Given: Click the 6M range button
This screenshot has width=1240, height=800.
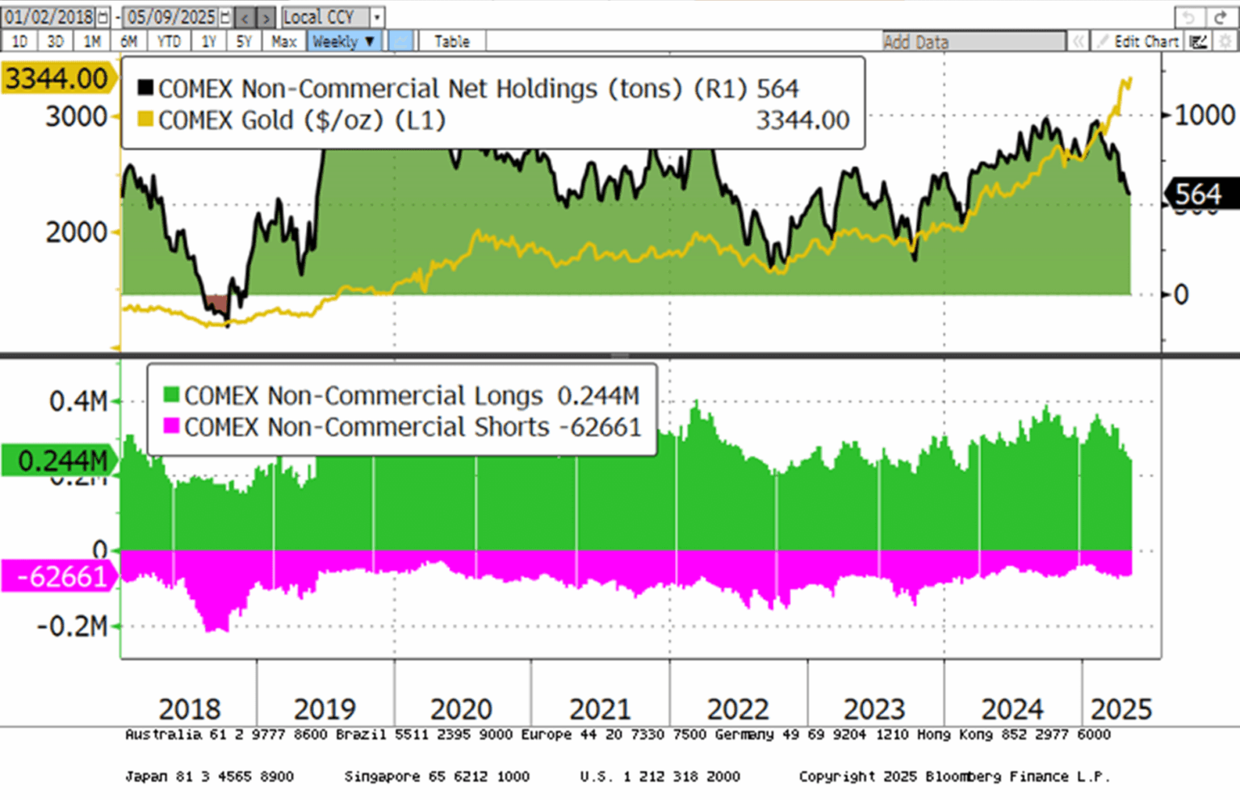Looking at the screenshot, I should click(x=128, y=41).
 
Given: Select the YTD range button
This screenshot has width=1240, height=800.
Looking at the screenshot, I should click(x=169, y=41).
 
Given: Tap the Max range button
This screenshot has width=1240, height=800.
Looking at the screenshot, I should click(x=283, y=41).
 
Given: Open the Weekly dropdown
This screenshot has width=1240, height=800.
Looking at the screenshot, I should click(x=344, y=41).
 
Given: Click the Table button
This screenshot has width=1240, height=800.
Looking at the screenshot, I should click(x=451, y=41).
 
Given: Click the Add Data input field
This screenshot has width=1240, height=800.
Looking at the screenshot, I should click(x=973, y=42).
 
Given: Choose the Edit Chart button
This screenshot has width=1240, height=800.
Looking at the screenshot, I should click(x=1139, y=42).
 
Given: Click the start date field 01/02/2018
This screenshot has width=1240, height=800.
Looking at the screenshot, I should click(x=49, y=17).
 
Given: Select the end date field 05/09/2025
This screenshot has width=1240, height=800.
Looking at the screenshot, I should click(x=170, y=17).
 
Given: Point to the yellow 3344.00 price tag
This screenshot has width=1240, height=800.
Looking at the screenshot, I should click(x=57, y=79).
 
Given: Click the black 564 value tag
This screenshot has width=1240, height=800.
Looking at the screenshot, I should click(x=1198, y=195).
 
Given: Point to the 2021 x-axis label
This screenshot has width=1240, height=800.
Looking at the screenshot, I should click(x=599, y=710).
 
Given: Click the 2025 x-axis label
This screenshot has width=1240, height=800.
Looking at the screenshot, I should click(x=1121, y=710).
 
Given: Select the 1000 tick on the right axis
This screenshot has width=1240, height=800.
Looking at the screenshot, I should click(x=1204, y=115).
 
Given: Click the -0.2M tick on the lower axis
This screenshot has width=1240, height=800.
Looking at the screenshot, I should click(x=73, y=626).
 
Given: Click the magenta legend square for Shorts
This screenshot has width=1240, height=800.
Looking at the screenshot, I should click(x=171, y=425).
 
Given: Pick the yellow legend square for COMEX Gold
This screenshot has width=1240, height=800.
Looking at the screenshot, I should click(x=145, y=119).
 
